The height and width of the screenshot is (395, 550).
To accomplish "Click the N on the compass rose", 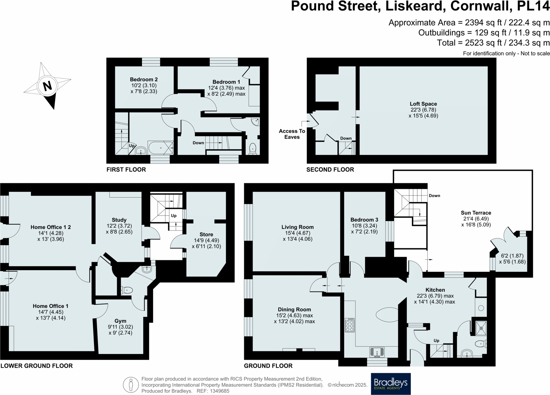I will click(47, 86).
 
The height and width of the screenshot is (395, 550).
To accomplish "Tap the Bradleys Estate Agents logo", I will click(391, 384).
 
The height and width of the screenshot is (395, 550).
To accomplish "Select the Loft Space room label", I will click(423, 104).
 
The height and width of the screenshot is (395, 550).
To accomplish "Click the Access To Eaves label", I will click(292, 134).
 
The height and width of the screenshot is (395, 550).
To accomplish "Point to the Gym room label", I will click(120, 321).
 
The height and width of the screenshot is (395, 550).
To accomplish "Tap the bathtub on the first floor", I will click(161, 148).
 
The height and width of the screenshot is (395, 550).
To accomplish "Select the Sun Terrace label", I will click(476, 213).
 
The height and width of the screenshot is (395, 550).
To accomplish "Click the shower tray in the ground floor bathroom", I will click(481, 328).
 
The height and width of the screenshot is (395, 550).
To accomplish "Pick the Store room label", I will click(206, 234).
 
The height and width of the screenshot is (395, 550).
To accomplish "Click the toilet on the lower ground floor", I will click(127, 290).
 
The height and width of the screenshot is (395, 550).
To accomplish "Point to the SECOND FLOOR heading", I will click(330, 169).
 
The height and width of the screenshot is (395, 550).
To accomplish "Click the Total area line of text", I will click(493, 43).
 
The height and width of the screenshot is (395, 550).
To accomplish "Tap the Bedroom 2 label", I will click(144, 79).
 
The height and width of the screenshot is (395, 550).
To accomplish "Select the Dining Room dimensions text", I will click(294, 318).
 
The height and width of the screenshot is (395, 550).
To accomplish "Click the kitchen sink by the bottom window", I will click(377, 352).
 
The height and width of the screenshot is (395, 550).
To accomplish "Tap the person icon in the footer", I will click(131, 385).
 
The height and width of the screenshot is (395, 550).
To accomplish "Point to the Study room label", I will click(119, 220).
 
